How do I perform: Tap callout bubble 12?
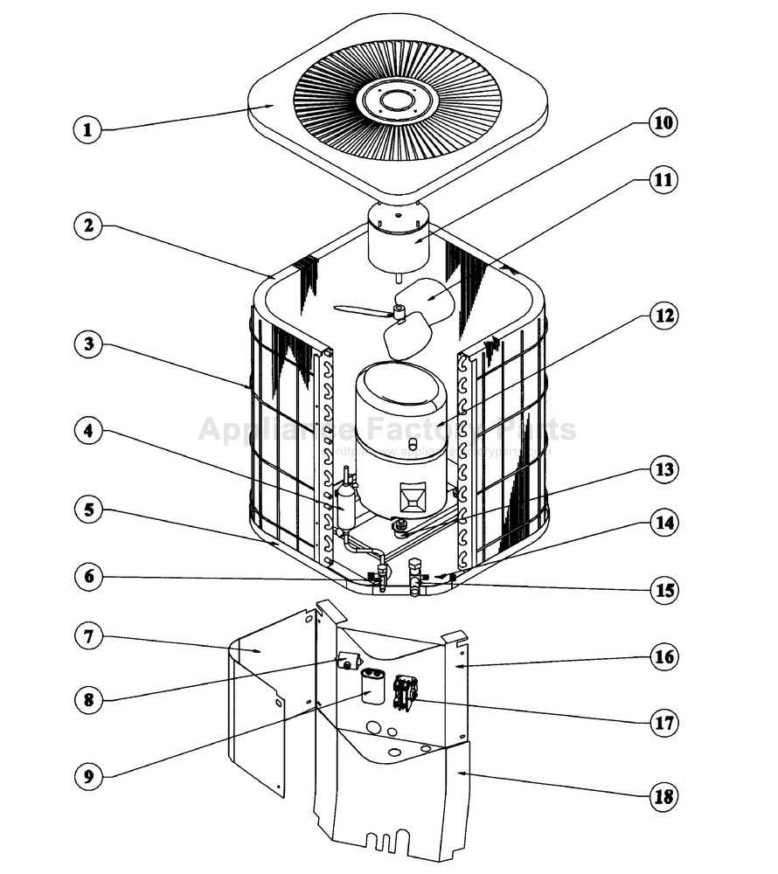point(663,316)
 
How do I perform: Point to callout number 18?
point(663,796)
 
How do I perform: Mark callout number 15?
point(663,590)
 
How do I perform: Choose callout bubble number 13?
point(663,469)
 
